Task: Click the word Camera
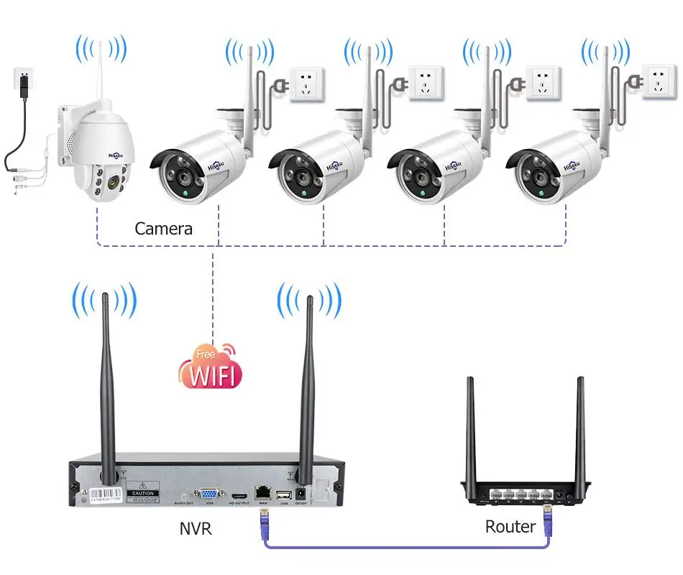(164, 229)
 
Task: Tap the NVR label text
(196, 529)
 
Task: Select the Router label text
(510, 526)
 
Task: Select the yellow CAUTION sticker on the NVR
(142, 495)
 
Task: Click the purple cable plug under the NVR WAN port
(262, 519)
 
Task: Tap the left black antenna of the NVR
(107, 389)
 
